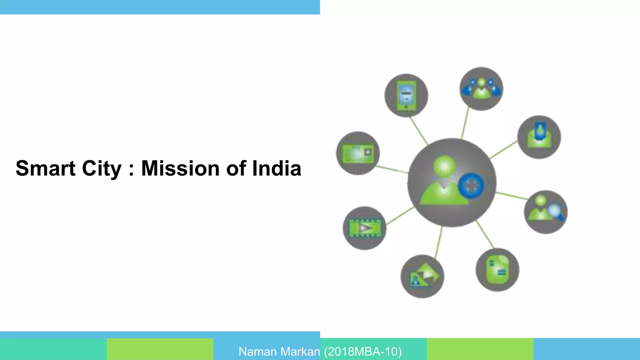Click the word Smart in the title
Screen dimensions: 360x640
click(x=46, y=168)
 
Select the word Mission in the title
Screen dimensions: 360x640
click(x=180, y=168)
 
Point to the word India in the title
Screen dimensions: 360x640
click(x=277, y=168)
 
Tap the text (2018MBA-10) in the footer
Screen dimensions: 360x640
click(x=363, y=352)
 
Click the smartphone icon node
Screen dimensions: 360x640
click(x=406, y=96)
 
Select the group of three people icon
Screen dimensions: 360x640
click(x=481, y=89)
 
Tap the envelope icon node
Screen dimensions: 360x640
click(x=539, y=137)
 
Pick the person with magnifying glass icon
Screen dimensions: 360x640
click(x=546, y=212)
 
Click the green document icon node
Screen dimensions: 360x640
click(x=497, y=270)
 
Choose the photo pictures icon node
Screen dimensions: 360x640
click(x=422, y=276)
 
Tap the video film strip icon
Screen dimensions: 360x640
click(x=365, y=228)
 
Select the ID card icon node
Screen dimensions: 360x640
click(x=358, y=153)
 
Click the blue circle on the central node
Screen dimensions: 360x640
click(x=471, y=185)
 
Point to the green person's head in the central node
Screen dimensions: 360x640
click(x=444, y=166)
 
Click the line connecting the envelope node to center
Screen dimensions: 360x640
click(x=503, y=150)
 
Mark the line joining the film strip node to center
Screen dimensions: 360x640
click(x=400, y=216)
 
